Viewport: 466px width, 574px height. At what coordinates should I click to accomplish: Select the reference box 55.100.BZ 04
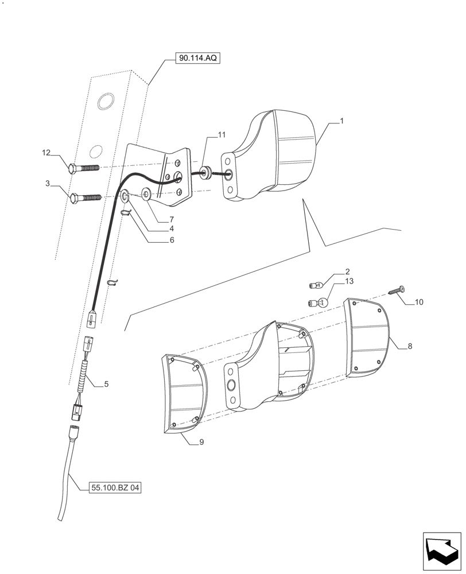(115, 488)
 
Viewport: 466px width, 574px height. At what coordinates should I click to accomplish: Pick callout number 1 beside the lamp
(342, 121)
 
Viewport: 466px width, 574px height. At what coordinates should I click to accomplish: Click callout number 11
(221, 135)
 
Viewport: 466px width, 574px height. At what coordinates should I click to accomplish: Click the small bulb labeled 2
(315, 283)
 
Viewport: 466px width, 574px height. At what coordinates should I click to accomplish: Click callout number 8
(410, 347)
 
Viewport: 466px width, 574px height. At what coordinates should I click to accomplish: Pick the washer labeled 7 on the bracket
(146, 195)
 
